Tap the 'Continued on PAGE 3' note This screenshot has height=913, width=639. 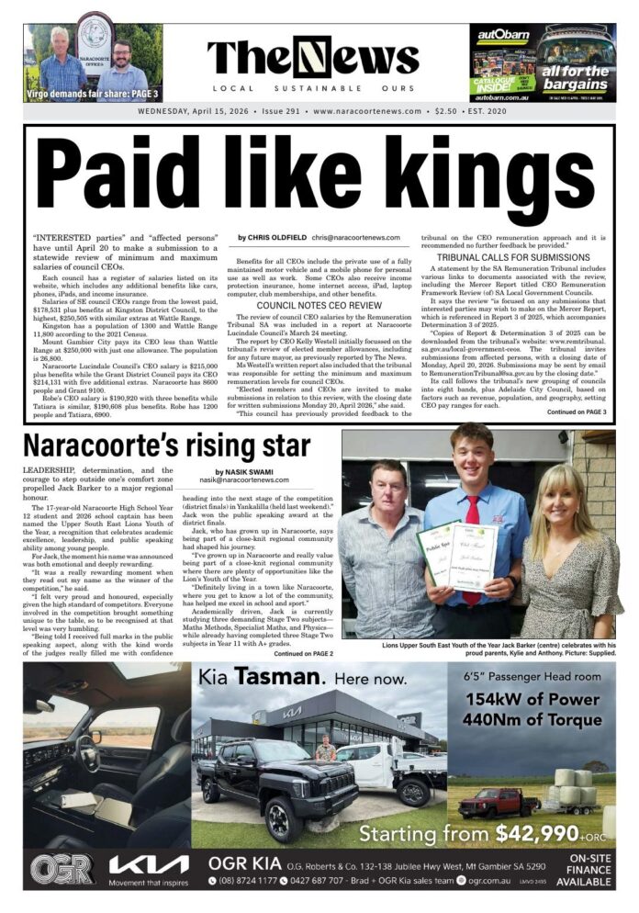tap(577, 412)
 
